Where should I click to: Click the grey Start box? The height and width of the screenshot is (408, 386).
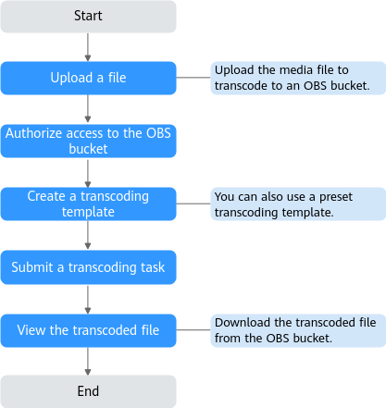[x=88, y=17]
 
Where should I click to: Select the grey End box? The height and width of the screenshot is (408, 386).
[x=88, y=391]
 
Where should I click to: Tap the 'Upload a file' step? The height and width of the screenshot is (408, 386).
[x=88, y=78]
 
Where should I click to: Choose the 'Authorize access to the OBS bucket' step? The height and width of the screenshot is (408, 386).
[x=88, y=141]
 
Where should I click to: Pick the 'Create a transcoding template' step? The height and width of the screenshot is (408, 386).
[x=88, y=204]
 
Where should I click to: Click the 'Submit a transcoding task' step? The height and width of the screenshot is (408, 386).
[x=88, y=267]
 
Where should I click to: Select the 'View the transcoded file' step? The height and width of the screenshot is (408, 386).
[x=88, y=330]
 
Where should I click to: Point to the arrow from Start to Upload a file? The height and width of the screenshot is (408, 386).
[x=88, y=47]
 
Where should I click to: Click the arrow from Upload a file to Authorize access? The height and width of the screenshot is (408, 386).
[x=88, y=108]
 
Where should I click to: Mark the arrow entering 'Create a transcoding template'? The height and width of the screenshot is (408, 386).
[x=88, y=174]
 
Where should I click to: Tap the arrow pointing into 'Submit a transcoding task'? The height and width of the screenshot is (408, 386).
[x=88, y=235]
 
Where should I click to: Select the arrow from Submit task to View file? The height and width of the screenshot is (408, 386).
[x=88, y=300]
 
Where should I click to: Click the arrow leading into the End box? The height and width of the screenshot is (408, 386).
[x=88, y=362]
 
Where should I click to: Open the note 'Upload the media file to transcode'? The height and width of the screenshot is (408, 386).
[x=298, y=78]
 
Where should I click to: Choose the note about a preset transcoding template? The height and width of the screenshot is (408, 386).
[x=298, y=204]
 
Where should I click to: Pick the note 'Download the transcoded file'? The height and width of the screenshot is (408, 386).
[x=298, y=330]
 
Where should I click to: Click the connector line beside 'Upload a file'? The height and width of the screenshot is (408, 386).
[x=193, y=78]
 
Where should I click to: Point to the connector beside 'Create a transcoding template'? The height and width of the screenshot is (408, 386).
[x=193, y=204]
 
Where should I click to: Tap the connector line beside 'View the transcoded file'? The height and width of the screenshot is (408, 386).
[x=193, y=329]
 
